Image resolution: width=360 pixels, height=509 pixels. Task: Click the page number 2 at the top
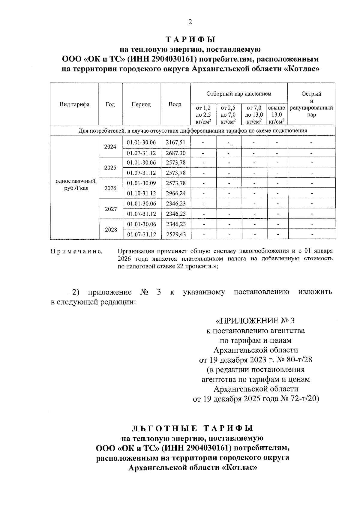(x=190, y=22)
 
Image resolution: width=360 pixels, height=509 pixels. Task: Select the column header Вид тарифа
(x=74, y=104)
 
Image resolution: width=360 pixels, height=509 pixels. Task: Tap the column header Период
(x=141, y=104)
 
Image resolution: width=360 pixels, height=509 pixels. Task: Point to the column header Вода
(x=175, y=104)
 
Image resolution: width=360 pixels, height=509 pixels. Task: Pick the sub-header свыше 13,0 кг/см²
(x=276, y=115)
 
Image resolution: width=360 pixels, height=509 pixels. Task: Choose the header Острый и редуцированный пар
(x=311, y=104)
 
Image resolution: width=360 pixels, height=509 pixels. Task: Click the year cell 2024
(x=110, y=147)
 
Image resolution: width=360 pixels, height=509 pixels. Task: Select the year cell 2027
(x=111, y=209)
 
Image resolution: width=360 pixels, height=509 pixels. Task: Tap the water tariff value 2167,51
(x=175, y=142)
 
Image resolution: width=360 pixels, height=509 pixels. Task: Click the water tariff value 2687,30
(x=175, y=153)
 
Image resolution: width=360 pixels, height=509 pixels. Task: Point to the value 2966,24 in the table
(x=175, y=193)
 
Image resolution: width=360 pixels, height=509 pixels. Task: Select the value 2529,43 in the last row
(x=175, y=234)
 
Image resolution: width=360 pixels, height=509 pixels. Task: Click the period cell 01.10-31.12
(x=141, y=193)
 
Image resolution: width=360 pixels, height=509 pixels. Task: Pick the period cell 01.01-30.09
(x=141, y=183)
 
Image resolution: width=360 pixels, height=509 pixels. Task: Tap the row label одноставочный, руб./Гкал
(x=76, y=185)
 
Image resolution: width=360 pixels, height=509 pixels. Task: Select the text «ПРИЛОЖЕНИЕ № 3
(x=255, y=321)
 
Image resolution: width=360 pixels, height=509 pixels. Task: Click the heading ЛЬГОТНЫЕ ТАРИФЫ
(x=192, y=428)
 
